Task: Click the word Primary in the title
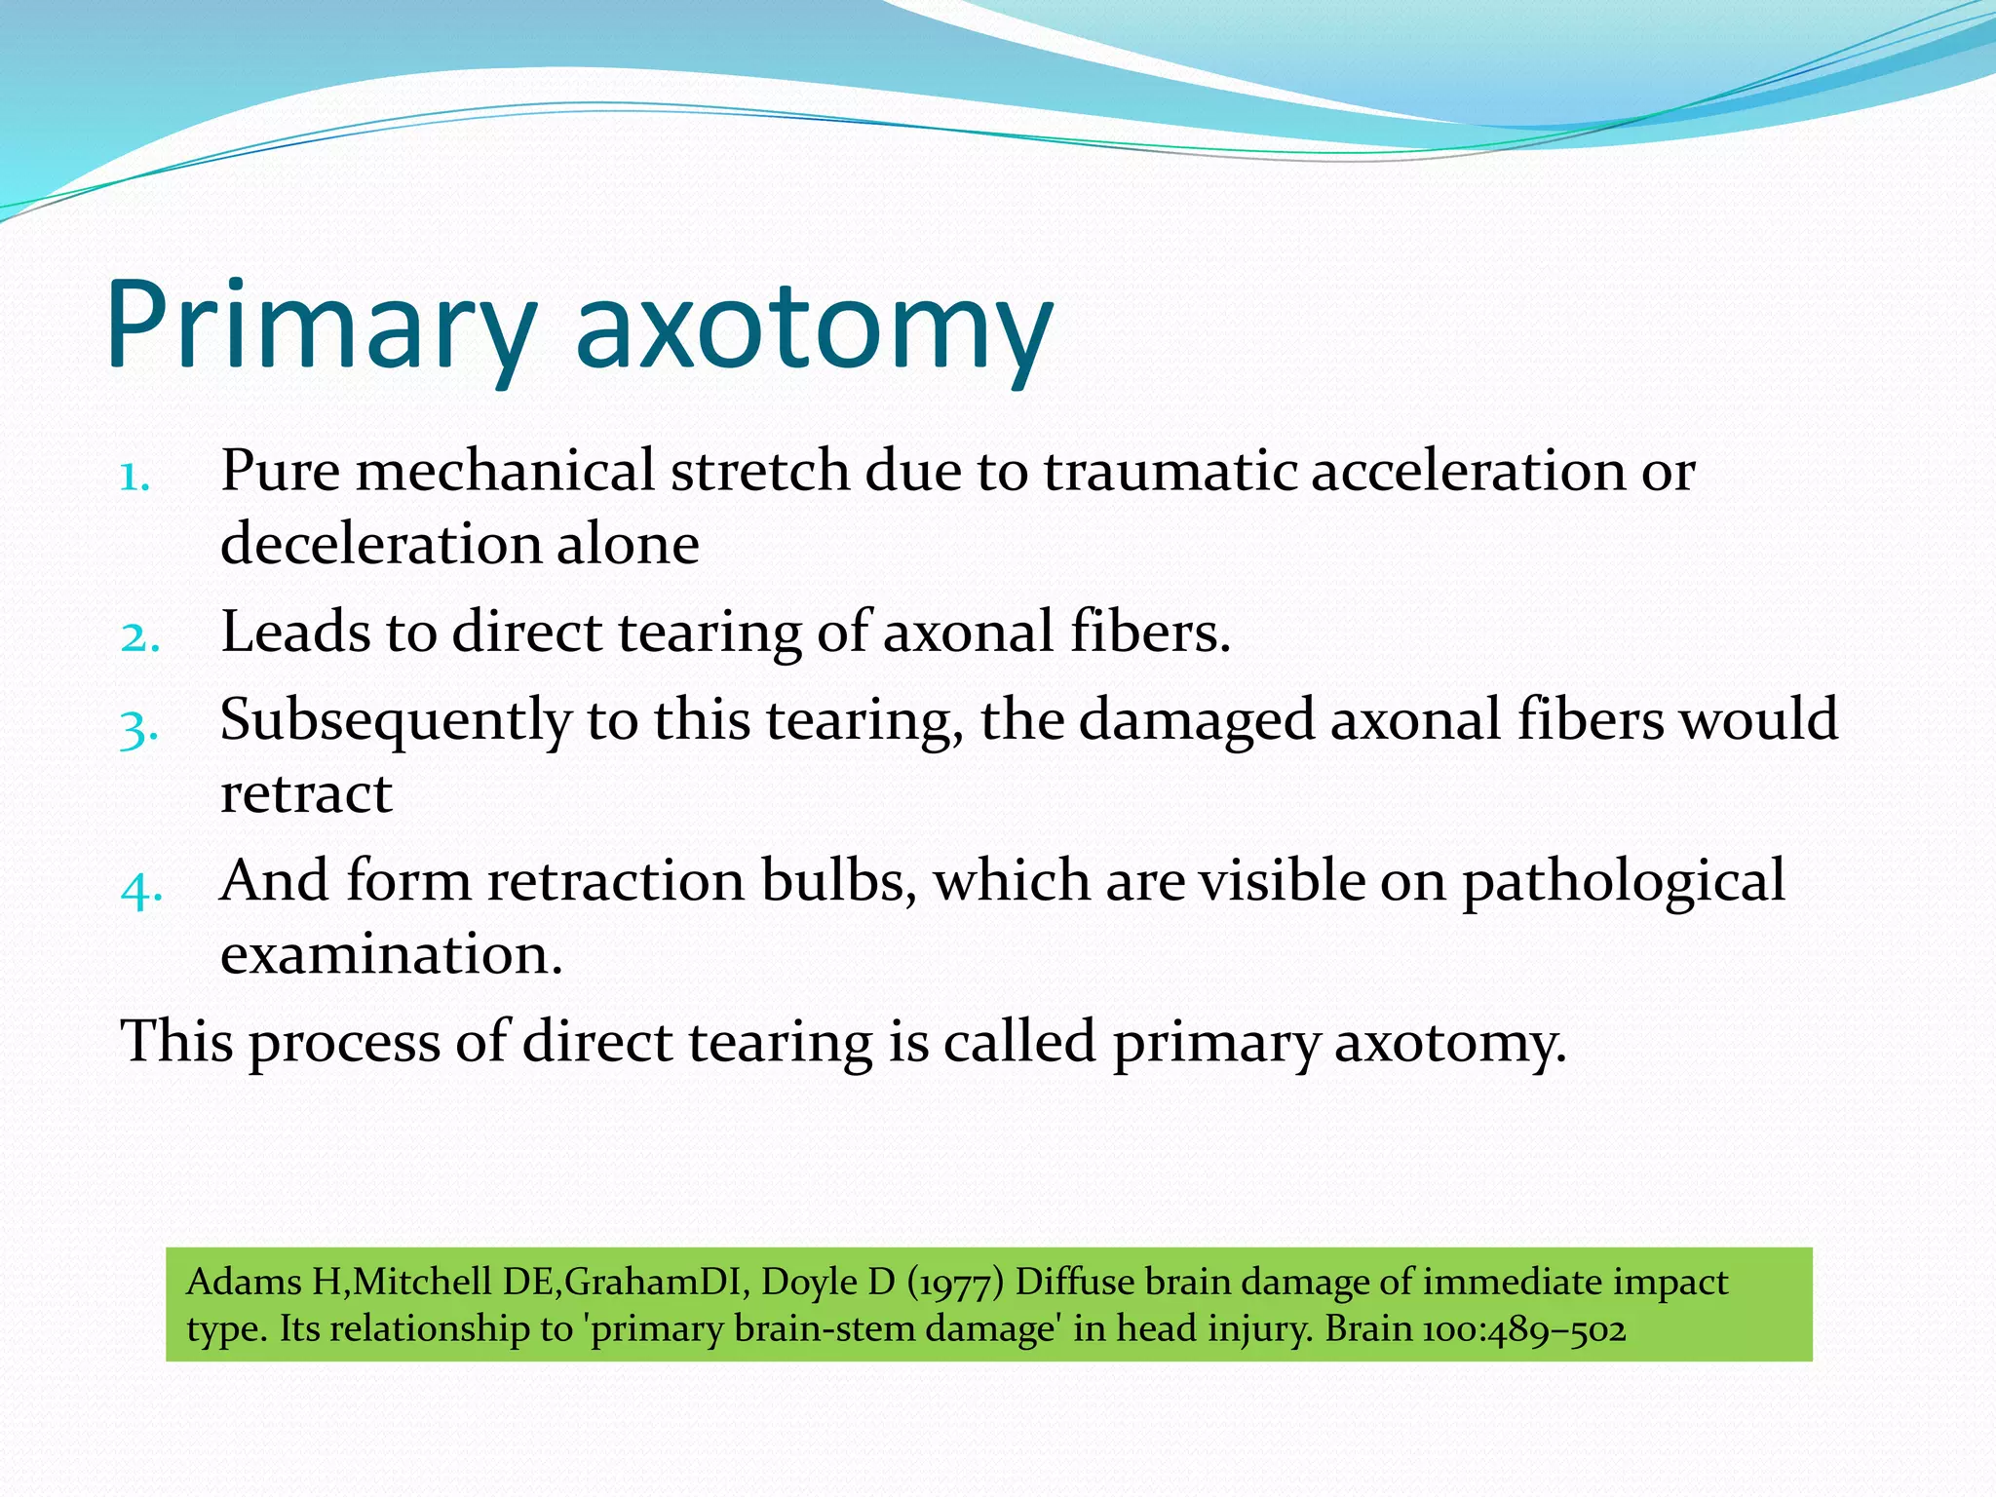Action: click(322, 326)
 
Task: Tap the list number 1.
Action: click(134, 478)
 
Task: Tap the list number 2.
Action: click(139, 638)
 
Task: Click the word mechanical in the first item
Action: click(505, 471)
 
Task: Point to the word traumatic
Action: click(1170, 471)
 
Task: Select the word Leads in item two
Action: click(295, 632)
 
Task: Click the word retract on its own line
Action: click(306, 793)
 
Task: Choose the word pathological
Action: click(1623, 883)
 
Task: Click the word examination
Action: click(391, 954)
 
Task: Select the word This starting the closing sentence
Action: click(176, 1041)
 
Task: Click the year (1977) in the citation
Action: click(954, 1283)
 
